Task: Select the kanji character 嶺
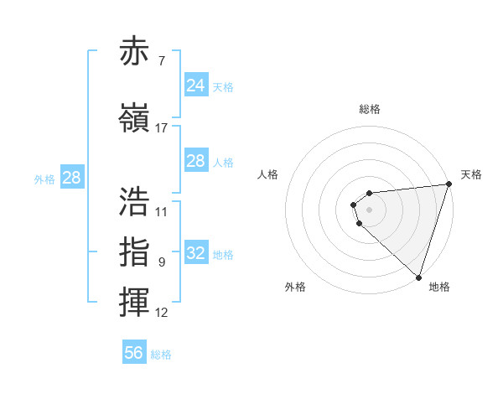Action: [134, 119]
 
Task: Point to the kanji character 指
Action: [134, 251]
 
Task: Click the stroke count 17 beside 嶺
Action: [162, 128]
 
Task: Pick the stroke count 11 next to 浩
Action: [162, 211]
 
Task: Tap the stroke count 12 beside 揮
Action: [162, 313]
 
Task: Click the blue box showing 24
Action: [195, 86]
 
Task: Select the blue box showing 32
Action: [195, 254]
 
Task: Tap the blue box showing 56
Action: [134, 353]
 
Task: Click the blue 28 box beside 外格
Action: [71, 178]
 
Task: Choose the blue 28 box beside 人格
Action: [195, 161]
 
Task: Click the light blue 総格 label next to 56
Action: [162, 355]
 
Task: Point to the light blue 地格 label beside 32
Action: [223, 255]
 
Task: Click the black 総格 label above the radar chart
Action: [369, 109]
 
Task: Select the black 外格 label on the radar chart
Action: [295, 287]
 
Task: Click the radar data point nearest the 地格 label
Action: [418, 277]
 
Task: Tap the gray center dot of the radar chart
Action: [369, 210]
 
